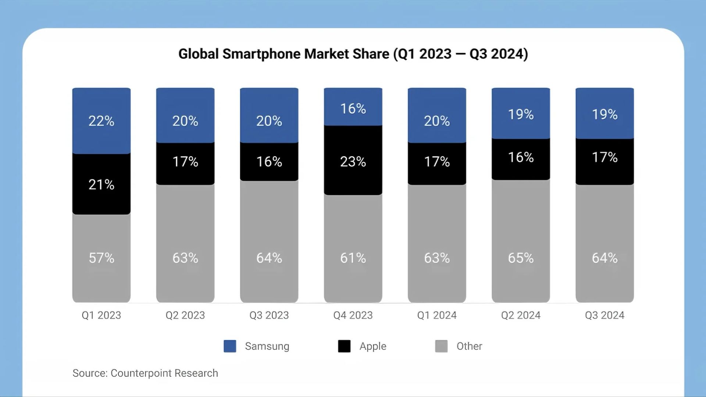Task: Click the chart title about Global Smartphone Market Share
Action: click(x=353, y=54)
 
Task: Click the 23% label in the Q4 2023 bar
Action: click(x=353, y=162)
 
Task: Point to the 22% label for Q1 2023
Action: click(x=101, y=121)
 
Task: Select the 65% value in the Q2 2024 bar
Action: click(x=521, y=258)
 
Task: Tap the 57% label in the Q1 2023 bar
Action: click(x=101, y=258)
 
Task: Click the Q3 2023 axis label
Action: click(x=269, y=315)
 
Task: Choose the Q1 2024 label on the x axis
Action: click(x=437, y=315)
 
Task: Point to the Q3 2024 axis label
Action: click(x=605, y=315)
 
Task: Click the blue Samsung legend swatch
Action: click(x=230, y=346)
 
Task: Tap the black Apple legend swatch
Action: click(x=344, y=346)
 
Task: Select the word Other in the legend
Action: click(x=469, y=346)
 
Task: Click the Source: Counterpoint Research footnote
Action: click(x=145, y=373)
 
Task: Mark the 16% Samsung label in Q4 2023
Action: click(x=353, y=109)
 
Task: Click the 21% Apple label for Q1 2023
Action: click(x=101, y=185)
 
